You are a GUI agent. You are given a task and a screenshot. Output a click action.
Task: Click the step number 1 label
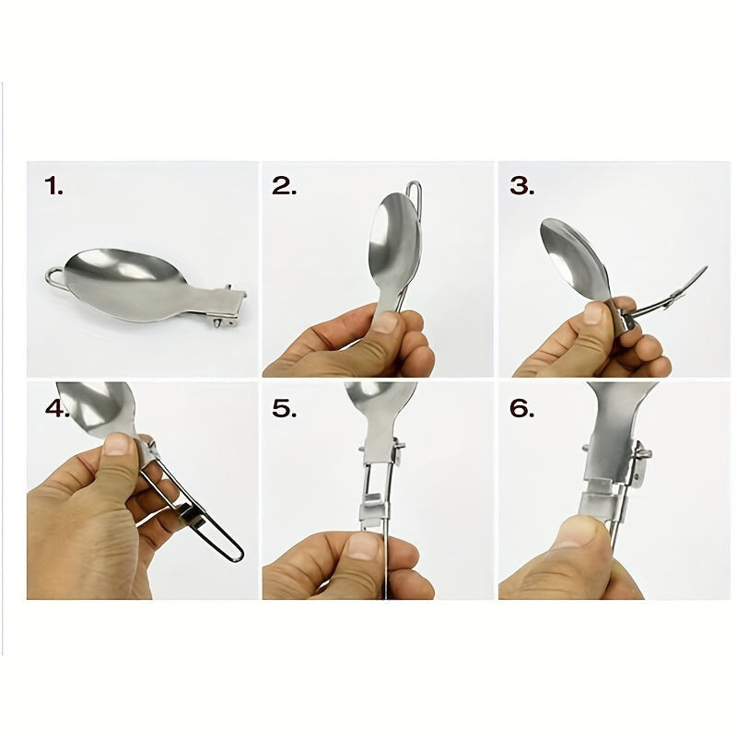click(x=53, y=186)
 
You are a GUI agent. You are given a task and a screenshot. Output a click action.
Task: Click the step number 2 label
click(x=285, y=186)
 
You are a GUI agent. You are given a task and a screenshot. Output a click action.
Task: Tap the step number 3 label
click(x=521, y=186)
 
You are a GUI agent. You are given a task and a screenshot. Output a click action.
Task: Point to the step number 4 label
click(x=56, y=408)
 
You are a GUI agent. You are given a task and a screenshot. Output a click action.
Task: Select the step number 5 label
click(x=285, y=408)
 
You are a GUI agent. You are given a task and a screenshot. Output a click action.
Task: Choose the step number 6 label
click(x=521, y=408)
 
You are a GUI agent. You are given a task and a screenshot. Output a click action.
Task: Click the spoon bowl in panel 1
click(x=123, y=281)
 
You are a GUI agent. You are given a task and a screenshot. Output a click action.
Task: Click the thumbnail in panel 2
click(x=385, y=322)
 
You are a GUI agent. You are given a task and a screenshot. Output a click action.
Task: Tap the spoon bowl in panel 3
click(x=573, y=256)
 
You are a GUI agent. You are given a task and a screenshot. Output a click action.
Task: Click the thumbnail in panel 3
click(x=593, y=312)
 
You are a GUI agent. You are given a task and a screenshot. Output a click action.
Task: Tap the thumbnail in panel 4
click(x=117, y=444)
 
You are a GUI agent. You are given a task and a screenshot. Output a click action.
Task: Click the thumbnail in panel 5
click(x=362, y=547)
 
